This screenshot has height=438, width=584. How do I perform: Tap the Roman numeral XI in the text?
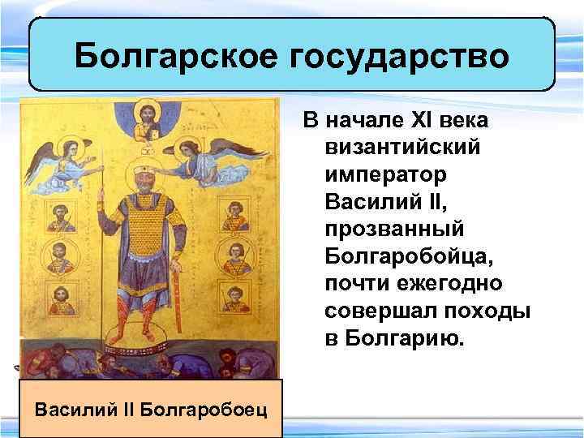[406, 122]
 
